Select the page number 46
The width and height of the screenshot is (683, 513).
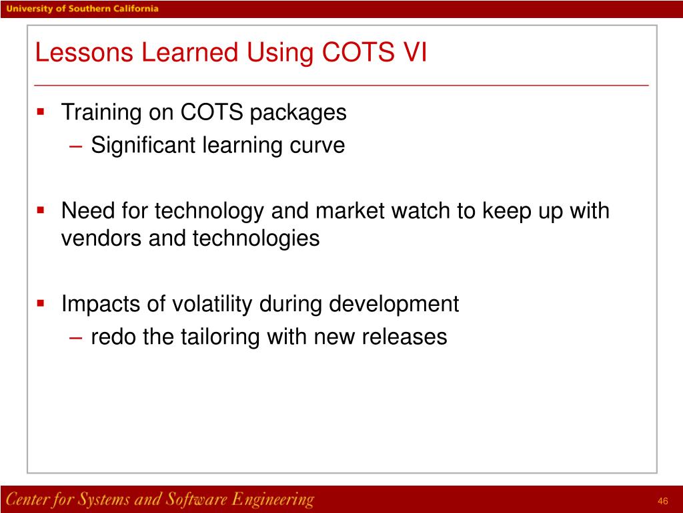pos(662,502)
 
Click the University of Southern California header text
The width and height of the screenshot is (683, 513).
pos(83,9)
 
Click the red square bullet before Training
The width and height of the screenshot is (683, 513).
pos(41,112)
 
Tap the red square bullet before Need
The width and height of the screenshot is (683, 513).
pos(41,210)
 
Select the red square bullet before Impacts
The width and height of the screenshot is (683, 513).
pos(41,303)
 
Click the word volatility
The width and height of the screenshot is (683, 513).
pos(213,305)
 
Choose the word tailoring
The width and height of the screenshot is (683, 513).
pos(221,337)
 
